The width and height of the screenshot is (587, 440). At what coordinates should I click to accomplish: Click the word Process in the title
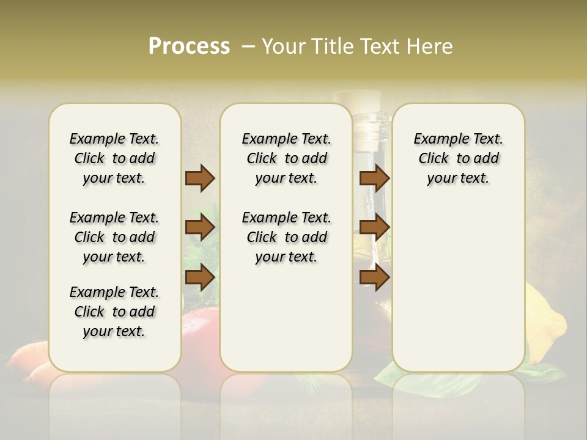(x=189, y=46)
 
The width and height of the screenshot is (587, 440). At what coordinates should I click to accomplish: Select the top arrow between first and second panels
(x=200, y=178)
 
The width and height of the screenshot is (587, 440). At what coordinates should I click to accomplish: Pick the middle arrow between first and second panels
(x=200, y=227)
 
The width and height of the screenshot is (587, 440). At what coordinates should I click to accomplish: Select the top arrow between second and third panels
(x=374, y=178)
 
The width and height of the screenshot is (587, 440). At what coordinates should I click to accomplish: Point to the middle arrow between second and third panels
(x=374, y=227)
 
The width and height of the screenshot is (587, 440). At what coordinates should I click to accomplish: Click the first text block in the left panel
(x=114, y=158)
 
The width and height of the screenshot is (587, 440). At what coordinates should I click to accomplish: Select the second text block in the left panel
(x=114, y=237)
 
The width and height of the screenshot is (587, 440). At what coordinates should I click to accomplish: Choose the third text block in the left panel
(x=114, y=312)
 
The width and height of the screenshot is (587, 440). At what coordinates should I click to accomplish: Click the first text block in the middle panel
(x=286, y=158)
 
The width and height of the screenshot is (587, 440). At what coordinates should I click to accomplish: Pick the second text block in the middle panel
(x=286, y=237)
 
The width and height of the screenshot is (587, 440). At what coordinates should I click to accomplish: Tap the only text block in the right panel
(x=458, y=158)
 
